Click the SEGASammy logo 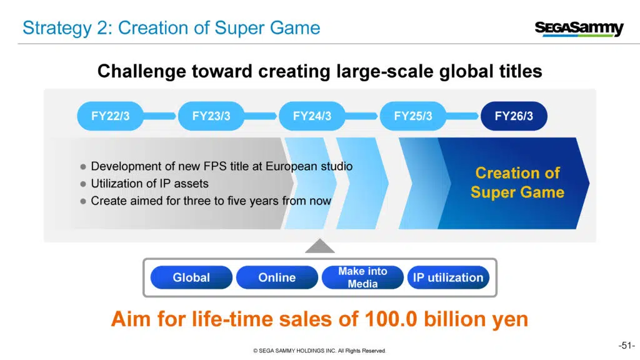(579, 29)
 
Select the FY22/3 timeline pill (110, 116)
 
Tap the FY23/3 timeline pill (211, 116)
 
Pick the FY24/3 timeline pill (312, 116)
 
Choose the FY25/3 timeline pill (412, 116)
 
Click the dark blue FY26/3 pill (514, 116)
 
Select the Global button (191, 277)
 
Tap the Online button (277, 277)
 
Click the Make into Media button (362, 277)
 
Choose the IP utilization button (448, 277)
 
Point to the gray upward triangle (320, 246)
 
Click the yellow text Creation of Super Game (517, 182)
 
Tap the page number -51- (626, 346)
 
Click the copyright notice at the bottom (319, 351)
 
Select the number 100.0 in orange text (391, 319)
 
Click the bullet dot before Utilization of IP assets (83, 184)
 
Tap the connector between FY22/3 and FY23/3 (161, 116)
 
